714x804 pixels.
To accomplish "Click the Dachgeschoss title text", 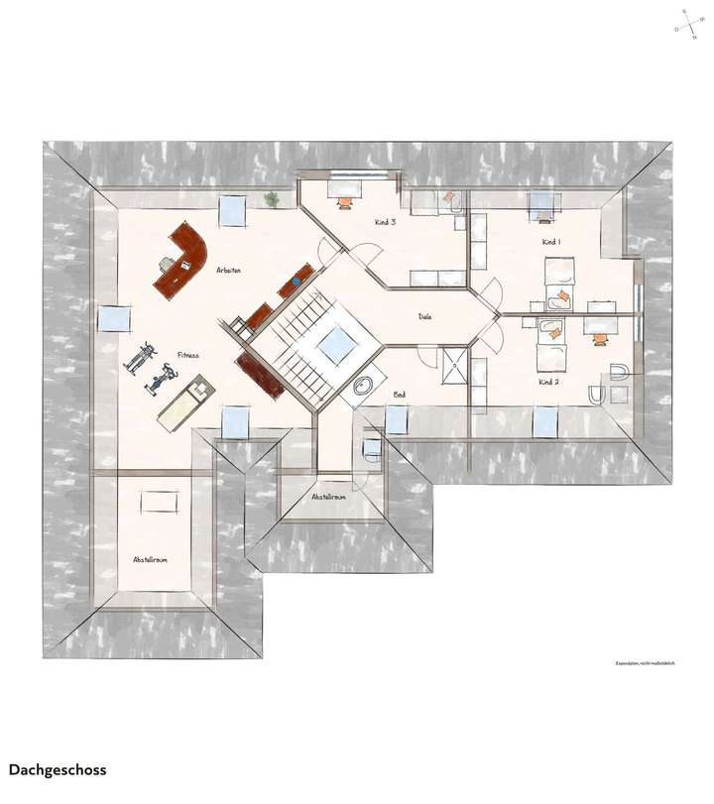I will (57, 769).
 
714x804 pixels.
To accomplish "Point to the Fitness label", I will (188, 355).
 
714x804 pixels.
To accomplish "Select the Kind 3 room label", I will (386, 222).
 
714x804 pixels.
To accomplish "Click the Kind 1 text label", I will (551, 242).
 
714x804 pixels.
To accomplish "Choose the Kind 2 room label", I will (549, 382).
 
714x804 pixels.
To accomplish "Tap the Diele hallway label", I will (425, 317).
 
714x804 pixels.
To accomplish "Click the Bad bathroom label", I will (400, 395).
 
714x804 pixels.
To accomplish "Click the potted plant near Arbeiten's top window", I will (271, 199).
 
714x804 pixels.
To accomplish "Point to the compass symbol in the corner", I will (686, 23).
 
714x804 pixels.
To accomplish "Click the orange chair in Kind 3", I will (345, 201).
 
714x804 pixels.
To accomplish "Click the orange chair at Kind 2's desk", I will (599, 338).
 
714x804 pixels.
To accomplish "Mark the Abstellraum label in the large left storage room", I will (150, 560).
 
